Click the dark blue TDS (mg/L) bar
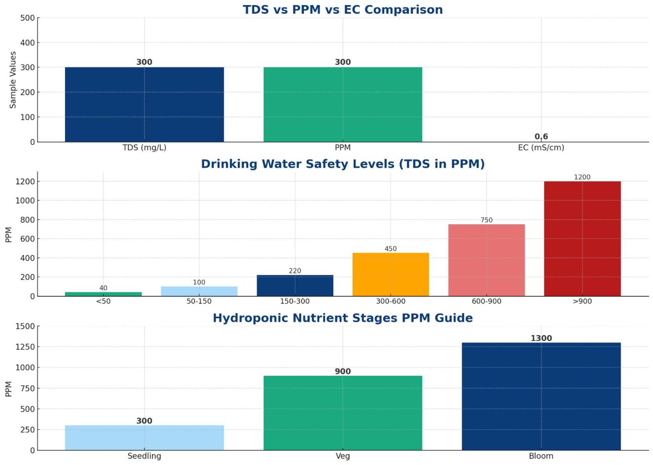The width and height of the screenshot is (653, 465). coord(144,104)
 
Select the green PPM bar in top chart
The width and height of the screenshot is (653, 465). coord(343,104)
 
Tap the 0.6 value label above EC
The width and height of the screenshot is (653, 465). coord(541,136)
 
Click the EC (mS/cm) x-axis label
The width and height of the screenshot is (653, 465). coord(541,147)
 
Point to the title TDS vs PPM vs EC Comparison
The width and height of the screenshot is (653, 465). coord(343,9)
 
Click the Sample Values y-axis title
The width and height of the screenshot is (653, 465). coord(13,80)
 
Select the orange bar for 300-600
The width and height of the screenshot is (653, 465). coord(390,274)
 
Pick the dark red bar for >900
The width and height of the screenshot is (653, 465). coord(582,239)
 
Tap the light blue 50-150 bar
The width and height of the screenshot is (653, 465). coord(199,291)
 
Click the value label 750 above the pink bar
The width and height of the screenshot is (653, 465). coord(486,220)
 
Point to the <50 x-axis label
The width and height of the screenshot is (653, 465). coord(103,301)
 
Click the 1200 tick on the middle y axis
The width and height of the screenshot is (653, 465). coord(25,181)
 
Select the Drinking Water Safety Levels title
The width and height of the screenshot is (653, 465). coord(343,164)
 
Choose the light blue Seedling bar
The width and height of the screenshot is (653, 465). coord(144,438)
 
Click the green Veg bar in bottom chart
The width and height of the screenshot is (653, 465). coord(343,413)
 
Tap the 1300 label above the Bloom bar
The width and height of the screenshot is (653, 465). coord(541,338)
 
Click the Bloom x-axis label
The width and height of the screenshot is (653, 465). coord(541,456)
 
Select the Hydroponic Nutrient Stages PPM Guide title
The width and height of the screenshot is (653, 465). coord(343,318)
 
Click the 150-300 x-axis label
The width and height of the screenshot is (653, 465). coord(295,301)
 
